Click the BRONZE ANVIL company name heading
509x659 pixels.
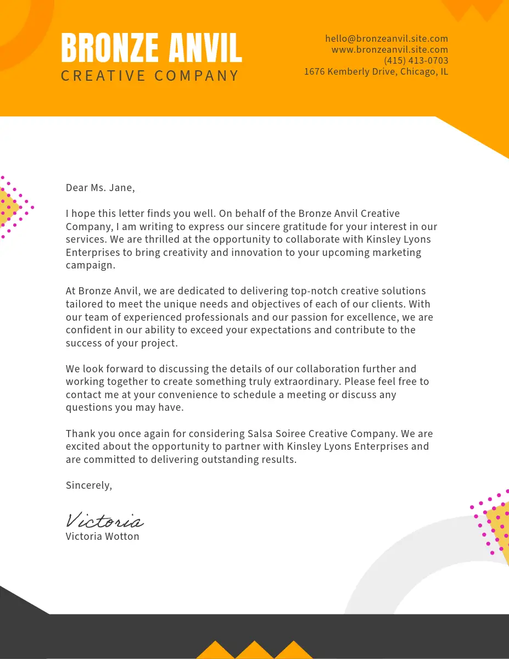[x=151, y=48]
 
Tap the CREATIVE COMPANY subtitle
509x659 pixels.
[x=150, y=76]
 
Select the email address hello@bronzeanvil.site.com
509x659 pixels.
[x=387, y=38]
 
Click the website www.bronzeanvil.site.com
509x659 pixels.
[x=390, y=49]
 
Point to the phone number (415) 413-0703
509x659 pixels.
[x=416, y=60]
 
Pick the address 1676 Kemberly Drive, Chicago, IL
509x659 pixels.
[x=376, y=71]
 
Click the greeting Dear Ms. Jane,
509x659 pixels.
[x=100, y=188]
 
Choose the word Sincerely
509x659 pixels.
[x=88, y=485]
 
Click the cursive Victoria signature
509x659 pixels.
[x=104, y=520]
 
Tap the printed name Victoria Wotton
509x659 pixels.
[x=103, y=537]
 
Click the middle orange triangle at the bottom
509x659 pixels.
[x=254, y=651]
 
